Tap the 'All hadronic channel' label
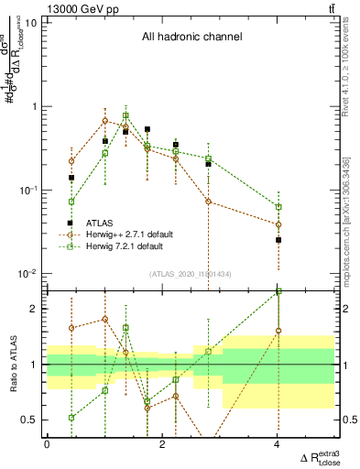click(191, 38)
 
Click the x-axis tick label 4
click(278, 444)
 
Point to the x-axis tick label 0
click(47, 444)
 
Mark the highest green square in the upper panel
click(125, 115)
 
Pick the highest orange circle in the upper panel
click(105, 121)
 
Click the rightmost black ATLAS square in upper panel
click(278, 240)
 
